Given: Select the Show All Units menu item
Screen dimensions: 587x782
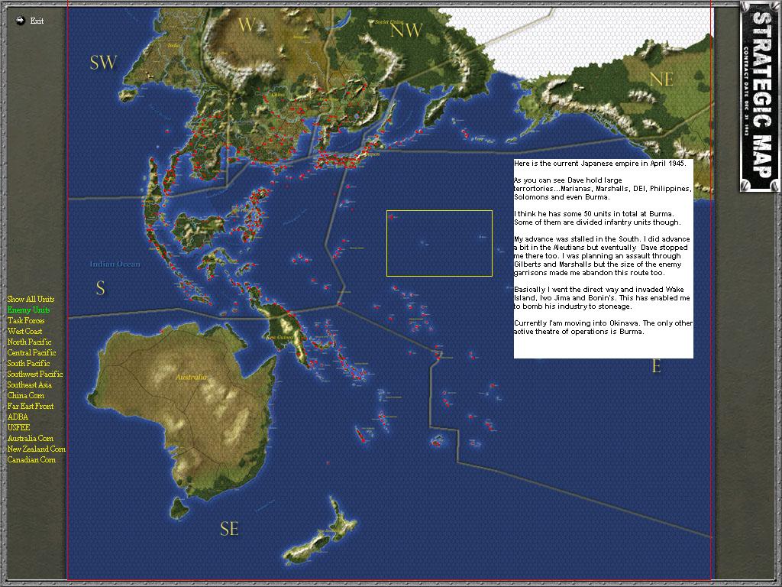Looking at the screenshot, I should point(31,299).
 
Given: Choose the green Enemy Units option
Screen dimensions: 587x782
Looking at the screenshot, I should point(28,310).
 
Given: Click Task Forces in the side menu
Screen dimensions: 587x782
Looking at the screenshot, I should point(26,320).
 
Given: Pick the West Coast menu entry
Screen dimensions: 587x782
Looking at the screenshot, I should point(24,331).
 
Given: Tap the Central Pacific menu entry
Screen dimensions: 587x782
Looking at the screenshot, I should point(31,352).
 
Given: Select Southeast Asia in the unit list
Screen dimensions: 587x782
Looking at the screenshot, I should point(30,384).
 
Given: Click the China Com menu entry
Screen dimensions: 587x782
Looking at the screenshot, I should point(25,395).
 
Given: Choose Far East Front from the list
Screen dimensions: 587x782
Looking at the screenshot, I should point(31,406).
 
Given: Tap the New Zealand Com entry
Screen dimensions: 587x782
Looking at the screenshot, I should point(36,449).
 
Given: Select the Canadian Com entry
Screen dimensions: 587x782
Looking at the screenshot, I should point(31,459).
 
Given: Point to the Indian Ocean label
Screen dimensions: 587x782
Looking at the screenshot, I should point(115,264).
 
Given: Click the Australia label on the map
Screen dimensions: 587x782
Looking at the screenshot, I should point(191,378).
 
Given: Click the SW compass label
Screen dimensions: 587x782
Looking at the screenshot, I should point(103,63).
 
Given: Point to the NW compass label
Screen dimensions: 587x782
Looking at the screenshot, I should point(406,31).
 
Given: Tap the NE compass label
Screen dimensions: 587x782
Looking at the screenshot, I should point(661,79).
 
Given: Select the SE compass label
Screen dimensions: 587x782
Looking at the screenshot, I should point(229,529).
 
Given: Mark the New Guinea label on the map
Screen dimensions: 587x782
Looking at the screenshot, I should point(281,337).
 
